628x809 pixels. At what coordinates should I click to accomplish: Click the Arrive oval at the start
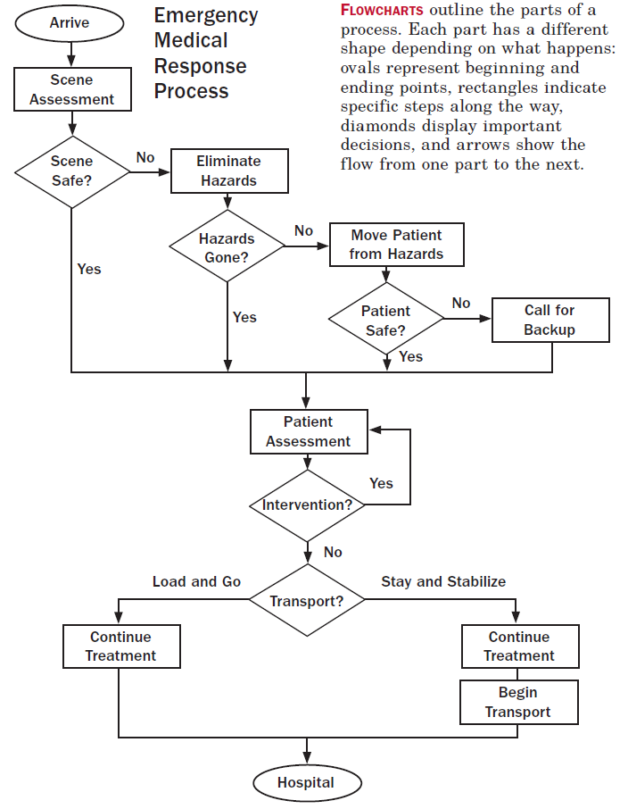70,22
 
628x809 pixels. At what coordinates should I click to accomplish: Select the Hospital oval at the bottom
306,783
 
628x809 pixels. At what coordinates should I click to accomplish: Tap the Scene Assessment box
71,89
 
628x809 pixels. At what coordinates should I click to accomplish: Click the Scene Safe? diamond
71,170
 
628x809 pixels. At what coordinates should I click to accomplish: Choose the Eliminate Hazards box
229,171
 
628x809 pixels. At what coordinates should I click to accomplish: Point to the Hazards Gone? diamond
227,247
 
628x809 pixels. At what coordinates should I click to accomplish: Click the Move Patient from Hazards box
396,245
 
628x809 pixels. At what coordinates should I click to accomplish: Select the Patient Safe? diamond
386,320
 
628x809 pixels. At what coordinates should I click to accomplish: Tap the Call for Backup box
550,320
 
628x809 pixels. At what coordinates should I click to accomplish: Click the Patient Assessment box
308,431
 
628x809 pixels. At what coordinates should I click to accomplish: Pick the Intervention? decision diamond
307,505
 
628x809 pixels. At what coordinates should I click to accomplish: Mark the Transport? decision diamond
307,601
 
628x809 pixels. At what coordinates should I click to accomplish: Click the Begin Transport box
518,702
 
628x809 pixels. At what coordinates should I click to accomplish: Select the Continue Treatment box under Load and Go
121,646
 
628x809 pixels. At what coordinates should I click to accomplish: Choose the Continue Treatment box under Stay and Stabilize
519,646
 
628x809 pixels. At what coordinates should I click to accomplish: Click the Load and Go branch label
196,581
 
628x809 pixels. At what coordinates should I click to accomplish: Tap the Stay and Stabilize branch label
443,581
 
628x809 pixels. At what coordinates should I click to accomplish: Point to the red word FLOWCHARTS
382,10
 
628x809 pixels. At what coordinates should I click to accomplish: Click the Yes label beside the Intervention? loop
381,483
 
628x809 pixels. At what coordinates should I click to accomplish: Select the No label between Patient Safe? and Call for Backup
461,304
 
